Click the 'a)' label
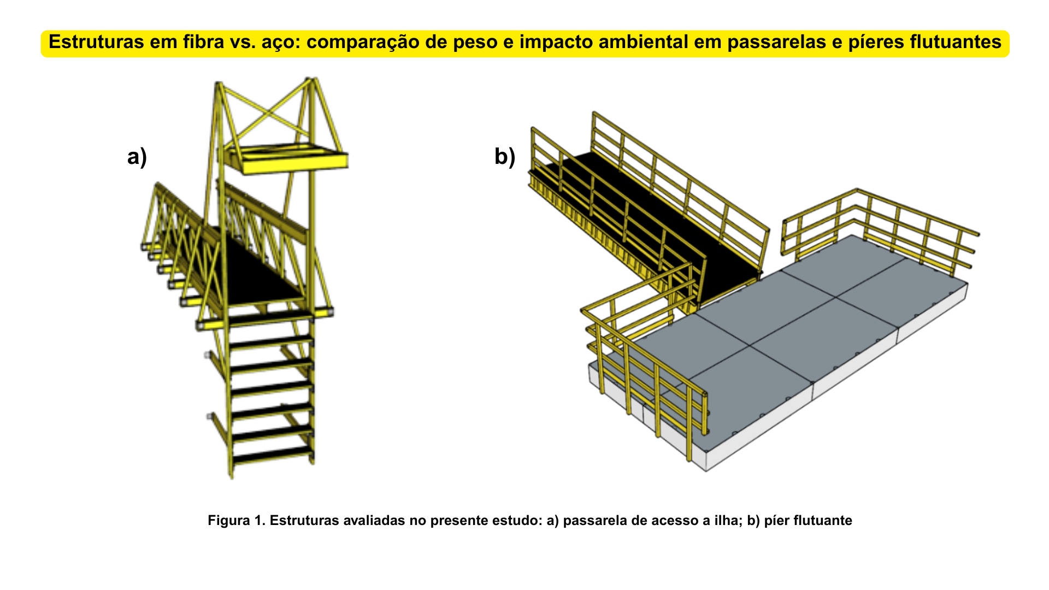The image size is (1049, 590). click(x=137, y=157)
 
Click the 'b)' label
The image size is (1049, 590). click(x=505, y=157)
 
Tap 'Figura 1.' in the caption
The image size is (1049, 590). click(x=236, y=520)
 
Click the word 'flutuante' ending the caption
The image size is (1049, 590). click(x=823, y=520)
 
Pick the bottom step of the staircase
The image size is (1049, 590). click(x=273, y=453)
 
